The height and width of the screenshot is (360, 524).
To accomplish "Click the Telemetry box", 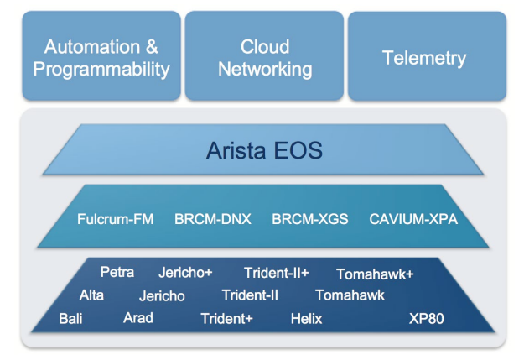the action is (x=427, y=56).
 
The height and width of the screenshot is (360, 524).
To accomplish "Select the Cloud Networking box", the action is (x=264, y=55).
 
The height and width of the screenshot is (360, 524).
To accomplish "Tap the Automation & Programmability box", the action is (x=101, y=55).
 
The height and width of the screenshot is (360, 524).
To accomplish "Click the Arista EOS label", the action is (x=264, y=150).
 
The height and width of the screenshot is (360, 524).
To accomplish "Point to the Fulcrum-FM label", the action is (x=116, y=219).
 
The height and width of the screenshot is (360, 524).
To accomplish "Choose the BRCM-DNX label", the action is (x=213, y=219).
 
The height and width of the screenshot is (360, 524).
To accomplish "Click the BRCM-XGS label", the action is (x=310, y=219).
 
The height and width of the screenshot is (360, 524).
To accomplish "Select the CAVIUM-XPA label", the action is (x=413, y=219).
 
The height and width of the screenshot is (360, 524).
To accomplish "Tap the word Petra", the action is (x=117, y=272).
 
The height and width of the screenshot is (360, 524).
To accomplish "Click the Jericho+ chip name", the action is (x=185, y=273).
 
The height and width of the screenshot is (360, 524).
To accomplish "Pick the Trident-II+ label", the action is (x=277, y=273).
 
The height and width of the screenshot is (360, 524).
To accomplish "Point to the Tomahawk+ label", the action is (x=375, y=274).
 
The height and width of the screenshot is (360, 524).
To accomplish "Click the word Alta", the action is (x=91, y=295).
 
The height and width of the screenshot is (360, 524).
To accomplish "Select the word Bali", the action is (x=70, y=319).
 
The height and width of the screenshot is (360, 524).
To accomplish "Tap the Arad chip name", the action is (x=138, y=318).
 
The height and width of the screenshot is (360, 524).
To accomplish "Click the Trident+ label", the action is (x=227, y=319).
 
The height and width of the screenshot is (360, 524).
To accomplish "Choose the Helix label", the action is (x=307, y=319).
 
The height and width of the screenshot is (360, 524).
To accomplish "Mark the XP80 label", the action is (x=427, y=319).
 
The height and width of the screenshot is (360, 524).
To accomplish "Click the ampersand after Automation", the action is (x=152, y=47).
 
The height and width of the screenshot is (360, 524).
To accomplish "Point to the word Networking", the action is (x=265, y=70).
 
